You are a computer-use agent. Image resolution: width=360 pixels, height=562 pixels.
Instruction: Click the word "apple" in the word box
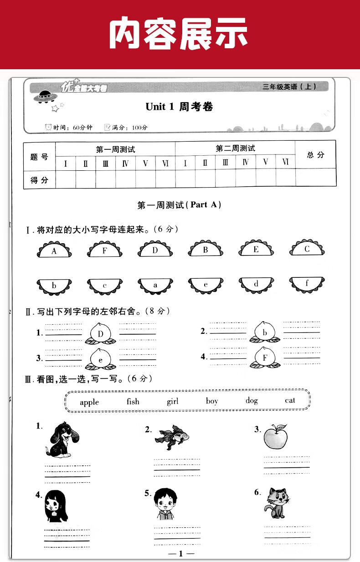[x=89, y=402]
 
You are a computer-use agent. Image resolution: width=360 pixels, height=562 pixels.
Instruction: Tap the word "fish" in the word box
[x=133, y=401]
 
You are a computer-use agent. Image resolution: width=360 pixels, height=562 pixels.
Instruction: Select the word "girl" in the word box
[x=173, y=401]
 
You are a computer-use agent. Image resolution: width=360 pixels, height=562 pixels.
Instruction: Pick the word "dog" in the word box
[x=252, y=401]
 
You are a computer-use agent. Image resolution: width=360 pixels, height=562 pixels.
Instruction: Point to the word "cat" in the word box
[x=290, y=400]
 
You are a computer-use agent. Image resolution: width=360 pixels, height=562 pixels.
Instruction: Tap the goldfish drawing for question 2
[x=173, y=437]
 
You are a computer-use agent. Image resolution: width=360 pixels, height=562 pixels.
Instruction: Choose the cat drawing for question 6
[x=278, y=503]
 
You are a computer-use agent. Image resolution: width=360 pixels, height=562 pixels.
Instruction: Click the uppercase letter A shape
[x=54, y=251]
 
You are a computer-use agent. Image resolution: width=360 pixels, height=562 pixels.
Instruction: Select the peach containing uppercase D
[x=101, y=333]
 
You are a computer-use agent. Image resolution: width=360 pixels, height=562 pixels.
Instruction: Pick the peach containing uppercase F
[x=265, y=358]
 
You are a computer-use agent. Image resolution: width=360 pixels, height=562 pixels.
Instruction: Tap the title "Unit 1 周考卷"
[x=179, y=107]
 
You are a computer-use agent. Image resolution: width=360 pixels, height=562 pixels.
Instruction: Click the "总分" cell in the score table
[x=315, y=155]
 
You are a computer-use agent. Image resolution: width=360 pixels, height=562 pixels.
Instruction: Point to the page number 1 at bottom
[x=180, y=553]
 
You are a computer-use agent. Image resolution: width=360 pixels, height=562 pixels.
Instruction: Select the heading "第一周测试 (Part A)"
[x=179, y=205]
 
